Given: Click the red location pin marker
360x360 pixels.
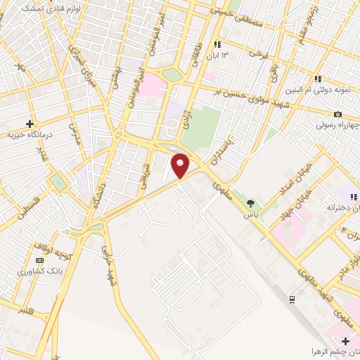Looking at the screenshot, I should coord(181,166).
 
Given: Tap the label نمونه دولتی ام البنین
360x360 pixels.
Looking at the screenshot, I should coord(319,90).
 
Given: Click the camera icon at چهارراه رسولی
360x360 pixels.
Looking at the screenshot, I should coord(338,115).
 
